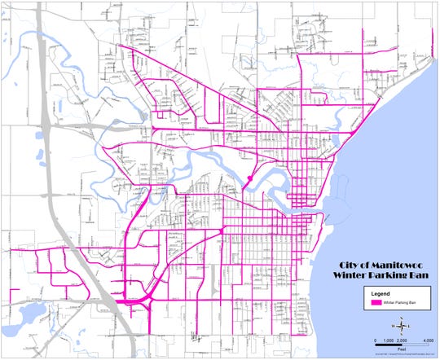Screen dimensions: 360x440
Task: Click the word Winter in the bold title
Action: tap(355, 276)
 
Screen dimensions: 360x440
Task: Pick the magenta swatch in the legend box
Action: tap(377, 302)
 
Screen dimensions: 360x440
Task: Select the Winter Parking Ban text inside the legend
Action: tap(401, 302)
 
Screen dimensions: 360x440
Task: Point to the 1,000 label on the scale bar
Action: tap(389, 339)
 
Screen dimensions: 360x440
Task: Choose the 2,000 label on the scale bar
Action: tap(402, 339)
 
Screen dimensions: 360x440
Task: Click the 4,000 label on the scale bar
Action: tap(425, 339)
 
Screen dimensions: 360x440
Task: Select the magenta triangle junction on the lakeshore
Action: tap(350, 131)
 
